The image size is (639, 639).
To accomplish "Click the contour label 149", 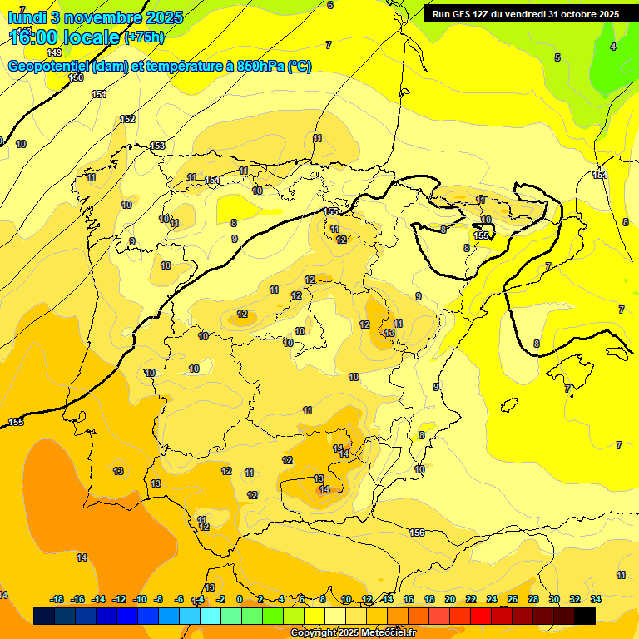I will (x=54, y=52).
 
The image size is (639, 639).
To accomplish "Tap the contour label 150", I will (x=76, y=77).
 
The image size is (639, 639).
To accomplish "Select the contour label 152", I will (x=127, y=120).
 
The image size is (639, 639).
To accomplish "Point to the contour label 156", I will (x=418, y=532).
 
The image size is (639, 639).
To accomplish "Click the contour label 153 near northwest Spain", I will (x=157, y=146).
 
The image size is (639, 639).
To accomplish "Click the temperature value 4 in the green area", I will (x=613, y=47).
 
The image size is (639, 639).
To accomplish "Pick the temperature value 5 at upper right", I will (x=557, y=57).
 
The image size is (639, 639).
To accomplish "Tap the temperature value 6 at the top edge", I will (x=330, y=5).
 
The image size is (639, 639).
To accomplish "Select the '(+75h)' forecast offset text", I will (x=144, y=37).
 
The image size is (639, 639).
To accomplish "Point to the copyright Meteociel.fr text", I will (x=353, y=633).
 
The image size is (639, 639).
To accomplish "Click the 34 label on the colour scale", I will (x=596, y=599).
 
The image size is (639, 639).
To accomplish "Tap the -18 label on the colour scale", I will (x=57, y=599).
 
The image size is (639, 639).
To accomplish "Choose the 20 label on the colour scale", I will (x=450, y=599).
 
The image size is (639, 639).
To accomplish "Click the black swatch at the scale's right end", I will (x=585, y=616).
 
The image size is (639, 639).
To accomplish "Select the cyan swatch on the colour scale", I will (x=211, y=616).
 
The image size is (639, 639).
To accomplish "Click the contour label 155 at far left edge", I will (x=16, y=423).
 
